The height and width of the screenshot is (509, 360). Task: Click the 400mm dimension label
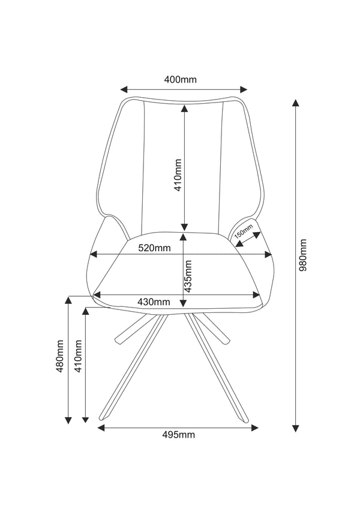181,80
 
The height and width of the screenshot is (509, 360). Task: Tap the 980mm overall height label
303,255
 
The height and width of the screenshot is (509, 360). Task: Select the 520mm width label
154,248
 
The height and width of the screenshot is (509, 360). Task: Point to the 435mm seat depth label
188,276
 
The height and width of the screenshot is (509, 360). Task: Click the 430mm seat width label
154,302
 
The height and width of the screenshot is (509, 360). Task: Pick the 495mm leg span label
179,435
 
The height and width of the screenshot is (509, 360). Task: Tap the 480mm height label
60,356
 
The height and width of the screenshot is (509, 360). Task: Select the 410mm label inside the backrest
178,175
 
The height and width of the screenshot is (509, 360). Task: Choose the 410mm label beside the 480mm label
79,356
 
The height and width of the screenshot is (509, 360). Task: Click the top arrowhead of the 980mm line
295,103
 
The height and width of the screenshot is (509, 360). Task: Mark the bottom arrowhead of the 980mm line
295,428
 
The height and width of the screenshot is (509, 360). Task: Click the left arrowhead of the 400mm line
124,89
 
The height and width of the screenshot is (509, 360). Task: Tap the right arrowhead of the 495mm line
255,428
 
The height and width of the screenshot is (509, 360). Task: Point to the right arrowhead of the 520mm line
268,254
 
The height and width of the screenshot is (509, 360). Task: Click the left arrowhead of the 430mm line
97,295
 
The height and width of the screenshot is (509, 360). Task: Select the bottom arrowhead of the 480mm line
68,420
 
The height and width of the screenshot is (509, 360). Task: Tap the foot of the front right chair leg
246,421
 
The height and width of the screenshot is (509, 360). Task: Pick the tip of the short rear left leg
118,341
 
